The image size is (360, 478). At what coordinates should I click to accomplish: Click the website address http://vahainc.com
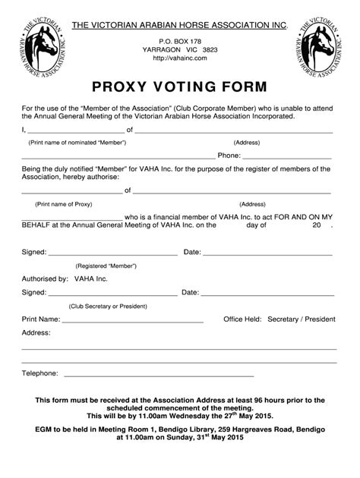tap(180, 57)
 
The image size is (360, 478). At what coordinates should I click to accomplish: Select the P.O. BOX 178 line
tap(180, 38)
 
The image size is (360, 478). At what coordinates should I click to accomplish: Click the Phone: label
tap(229, 155)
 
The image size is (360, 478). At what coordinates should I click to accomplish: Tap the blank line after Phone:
tap(288, 156)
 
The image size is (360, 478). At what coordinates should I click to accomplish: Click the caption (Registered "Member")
tap(106, 266)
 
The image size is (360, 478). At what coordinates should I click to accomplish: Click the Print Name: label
tap(41, 319)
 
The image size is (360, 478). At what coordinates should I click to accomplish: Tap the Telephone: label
tap(40, 373)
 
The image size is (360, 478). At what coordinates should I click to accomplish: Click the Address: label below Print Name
tap(36, 332)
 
